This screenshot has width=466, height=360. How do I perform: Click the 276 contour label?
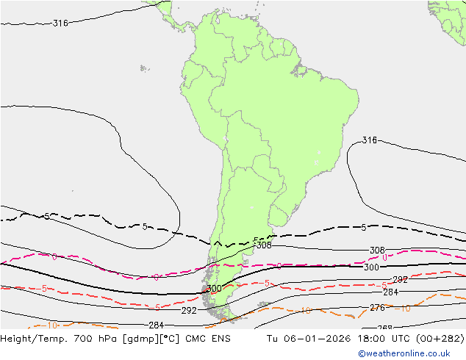pos(376,308)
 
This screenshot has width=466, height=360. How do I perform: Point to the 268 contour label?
pos(384,328)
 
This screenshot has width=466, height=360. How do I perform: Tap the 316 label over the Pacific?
pos(60,24)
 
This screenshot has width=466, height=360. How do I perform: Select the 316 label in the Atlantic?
pos(370,140)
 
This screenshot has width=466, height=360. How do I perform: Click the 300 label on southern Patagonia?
pos(214,289)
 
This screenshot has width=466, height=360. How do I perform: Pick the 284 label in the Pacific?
pos(156,325)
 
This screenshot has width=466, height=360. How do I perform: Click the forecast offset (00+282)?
pos(442,339)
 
